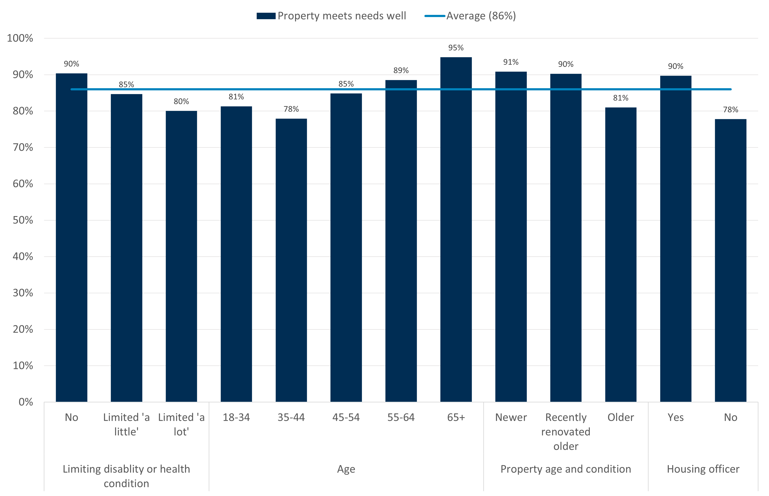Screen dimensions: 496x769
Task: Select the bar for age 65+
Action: (x=456, y=229)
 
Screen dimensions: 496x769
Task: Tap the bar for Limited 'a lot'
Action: (x=181, y=256)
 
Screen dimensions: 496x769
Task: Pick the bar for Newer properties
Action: (x=511, y=237)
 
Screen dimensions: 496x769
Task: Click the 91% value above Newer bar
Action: (x=511, y=62)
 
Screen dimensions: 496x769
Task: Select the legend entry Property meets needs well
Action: (x=331, y=16)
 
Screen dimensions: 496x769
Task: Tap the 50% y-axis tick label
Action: (x=23, y=220)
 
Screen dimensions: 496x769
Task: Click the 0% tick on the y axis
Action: (x=25, y=402)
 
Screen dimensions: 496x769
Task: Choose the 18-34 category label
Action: (x=236, y=418)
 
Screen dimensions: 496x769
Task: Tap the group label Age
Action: (x=346, y=469)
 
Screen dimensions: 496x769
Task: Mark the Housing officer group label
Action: (x=703, y=469)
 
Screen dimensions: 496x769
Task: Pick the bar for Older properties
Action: (x=621, y=254)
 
